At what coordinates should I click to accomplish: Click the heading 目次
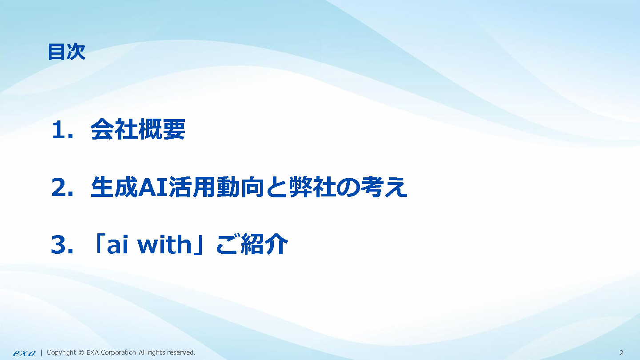(x=67, y=52)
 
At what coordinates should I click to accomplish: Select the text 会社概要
(x=138, y=129)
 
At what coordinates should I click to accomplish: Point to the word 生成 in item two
(x=114, y=187)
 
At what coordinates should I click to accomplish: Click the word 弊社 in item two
(x=313, y=187)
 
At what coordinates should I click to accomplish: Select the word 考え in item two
(x=384, y=187)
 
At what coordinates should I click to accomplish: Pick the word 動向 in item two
(x=240, y=187)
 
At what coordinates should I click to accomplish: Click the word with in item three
(x=164, y=244)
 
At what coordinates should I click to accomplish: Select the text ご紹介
(x=252, y=244)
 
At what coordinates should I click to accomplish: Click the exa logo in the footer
(x=24, y=353)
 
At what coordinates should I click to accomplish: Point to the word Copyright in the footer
(x=61, y=353)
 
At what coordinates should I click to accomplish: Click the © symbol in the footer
(x=81, y=353)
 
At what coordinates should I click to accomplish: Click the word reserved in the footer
(x=180, y=353)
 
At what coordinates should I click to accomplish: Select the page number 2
(x=621, y=353)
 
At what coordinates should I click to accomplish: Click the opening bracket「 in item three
(x=99, y=244)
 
